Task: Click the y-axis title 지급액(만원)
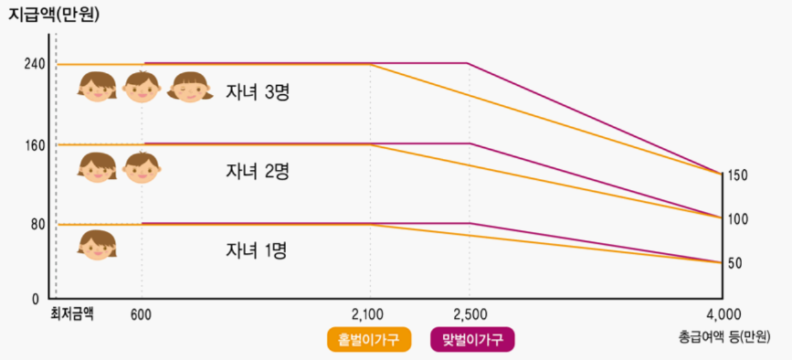click(54, 15)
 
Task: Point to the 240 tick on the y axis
click(33, 65)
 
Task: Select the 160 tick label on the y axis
click(33, 144)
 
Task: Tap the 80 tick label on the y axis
click(36, 224)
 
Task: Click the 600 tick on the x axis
click(141, 313)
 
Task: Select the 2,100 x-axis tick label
click(369, 313)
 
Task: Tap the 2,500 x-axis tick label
click(468, 313)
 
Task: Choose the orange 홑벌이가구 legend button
click(369, 340)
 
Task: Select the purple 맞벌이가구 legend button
click(472, 340)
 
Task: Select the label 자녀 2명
click(257, 171)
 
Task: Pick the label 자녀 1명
click(257, 249)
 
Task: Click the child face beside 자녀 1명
click(98, 245)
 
